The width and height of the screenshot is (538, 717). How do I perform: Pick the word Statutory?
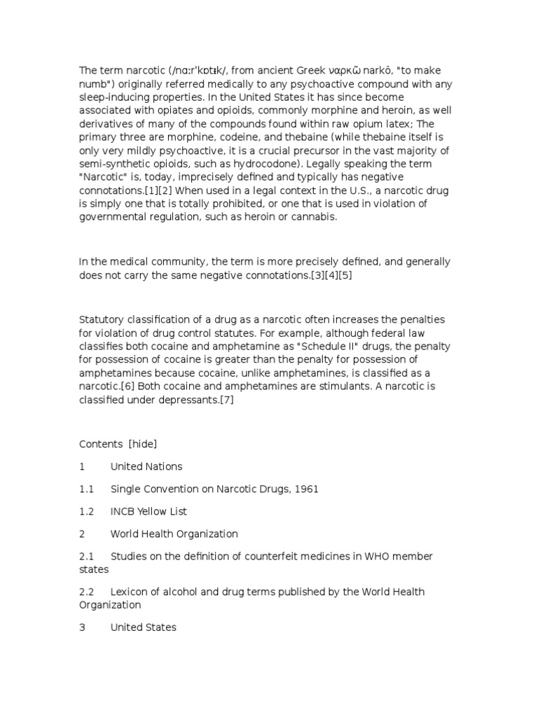pos(102,319)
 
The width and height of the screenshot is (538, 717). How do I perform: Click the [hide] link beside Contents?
pos(143,444)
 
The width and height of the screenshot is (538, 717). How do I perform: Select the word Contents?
pos(101,444)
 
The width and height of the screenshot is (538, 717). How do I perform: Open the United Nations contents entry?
pos(146,466)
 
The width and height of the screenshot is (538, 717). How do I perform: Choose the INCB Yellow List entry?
pos(149,511)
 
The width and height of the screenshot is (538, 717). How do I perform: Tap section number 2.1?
pos(86,556)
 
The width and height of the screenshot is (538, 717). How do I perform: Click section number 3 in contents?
pos(82,627)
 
